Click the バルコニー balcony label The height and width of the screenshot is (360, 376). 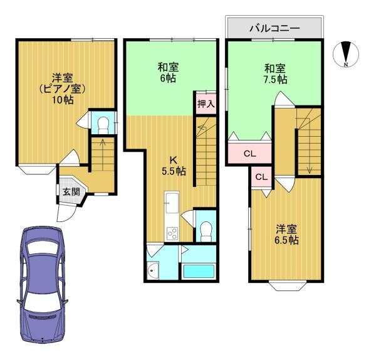coord(274,28)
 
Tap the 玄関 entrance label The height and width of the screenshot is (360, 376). coord(71,192)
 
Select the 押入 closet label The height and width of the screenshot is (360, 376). coord(206,104)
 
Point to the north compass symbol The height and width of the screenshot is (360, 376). coord(346,54)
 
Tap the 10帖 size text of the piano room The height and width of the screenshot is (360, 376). coord(63,100)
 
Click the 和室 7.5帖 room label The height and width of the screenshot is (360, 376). coord(275,73)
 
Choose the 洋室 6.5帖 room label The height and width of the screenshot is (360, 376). coord(286,235)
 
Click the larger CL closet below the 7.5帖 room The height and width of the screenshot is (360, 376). coord(250,154)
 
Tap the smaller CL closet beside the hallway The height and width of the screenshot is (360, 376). coord(261,177)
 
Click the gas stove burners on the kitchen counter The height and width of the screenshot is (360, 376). coord(172,233)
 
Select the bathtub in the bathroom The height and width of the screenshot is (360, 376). coord(199,271)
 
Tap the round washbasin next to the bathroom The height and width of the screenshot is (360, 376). coord(152,270)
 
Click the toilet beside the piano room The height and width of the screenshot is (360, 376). coord(103,125)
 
